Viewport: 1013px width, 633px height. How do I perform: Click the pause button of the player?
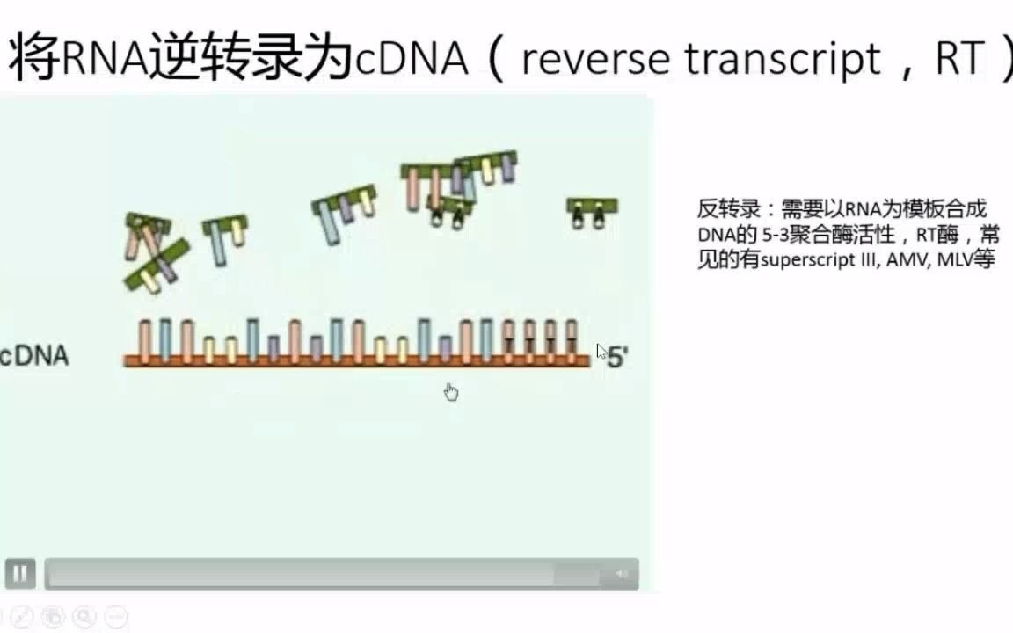pos(20,574)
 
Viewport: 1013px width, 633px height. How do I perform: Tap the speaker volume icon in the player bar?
pos(621,574)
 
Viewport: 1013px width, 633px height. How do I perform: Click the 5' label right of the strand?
pos(617,358)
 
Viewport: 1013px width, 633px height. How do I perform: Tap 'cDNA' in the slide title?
pos(411,59)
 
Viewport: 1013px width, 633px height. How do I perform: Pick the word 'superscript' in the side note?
pos(800,261)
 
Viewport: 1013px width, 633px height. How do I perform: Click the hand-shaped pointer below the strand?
pos(451,391)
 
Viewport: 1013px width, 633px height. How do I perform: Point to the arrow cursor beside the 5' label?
pos(601,351)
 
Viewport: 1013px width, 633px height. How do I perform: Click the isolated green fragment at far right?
pos(591,211)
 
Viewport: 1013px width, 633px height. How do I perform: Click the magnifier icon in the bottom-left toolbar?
pos(84,616)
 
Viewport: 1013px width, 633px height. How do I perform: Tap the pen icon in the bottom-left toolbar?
pos(24,616)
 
